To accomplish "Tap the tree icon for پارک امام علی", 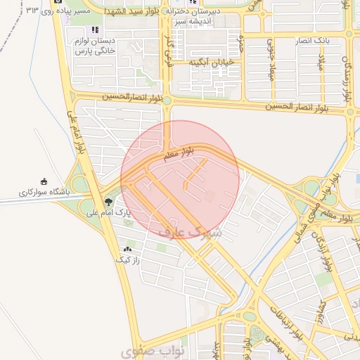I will tap(108, 202).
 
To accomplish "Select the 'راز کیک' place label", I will tap(128, 259).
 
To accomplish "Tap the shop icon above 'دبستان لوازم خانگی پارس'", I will tap(94, 30).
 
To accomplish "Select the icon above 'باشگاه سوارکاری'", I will tap(44, 181).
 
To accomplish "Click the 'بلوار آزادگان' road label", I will tap(325, 250).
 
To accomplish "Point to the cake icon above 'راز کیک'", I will tap(127, 250).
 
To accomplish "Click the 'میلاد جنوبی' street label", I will tap(269, 60).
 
